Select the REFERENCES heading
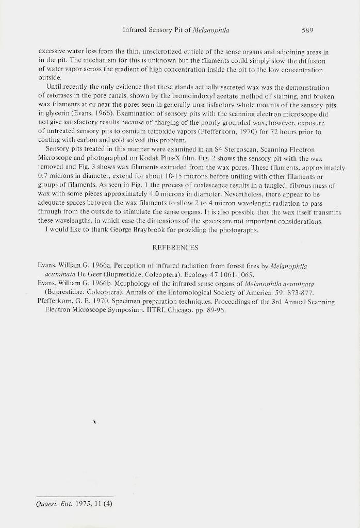(x=175, y=247)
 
